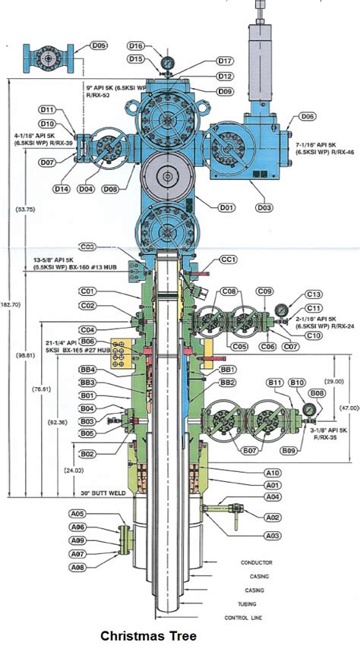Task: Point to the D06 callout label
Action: pos(308,116)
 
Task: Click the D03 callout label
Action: pos(264,208)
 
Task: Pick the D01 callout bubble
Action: pos(225,207)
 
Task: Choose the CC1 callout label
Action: pos(229,260)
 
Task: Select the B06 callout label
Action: pos(87,342)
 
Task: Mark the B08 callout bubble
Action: pos(317,393)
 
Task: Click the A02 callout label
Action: pos(270,517)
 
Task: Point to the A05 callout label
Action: pos(77,514)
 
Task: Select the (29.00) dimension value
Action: pos(332,381)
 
